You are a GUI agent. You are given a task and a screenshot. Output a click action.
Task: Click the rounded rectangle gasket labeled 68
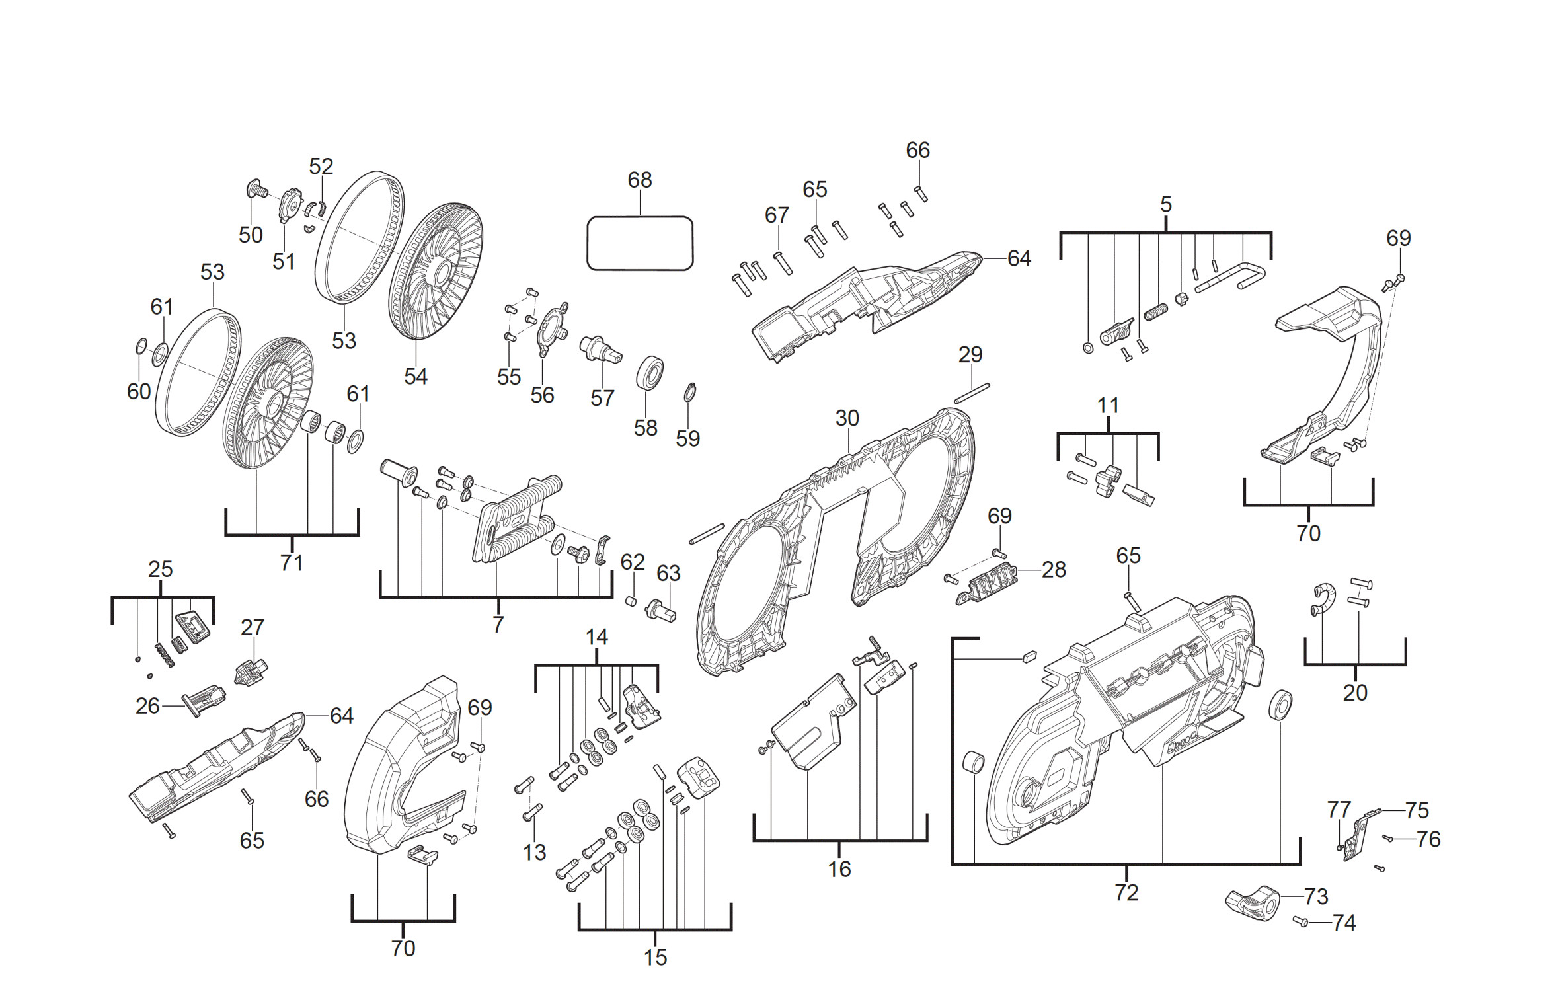[640, 243]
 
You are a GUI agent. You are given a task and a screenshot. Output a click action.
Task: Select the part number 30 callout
[847, 418]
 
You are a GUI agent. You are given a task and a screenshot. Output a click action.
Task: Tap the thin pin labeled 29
[972, 392]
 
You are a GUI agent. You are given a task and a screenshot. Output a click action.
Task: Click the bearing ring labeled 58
[650, 374]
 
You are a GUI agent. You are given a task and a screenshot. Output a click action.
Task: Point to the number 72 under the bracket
[1126, 892]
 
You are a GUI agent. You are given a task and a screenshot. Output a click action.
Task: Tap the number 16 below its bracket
[839, 868]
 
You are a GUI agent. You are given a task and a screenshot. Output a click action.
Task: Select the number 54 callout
[416, 376]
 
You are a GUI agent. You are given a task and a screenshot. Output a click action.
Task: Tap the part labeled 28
[987, 583]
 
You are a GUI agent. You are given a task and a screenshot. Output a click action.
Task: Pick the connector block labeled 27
[251, 671]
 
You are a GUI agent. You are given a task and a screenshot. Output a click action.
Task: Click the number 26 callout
[147, 706]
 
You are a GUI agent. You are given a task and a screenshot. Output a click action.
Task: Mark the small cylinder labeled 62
[631, 601]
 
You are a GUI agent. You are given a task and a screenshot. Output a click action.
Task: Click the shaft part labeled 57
[600, 348]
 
